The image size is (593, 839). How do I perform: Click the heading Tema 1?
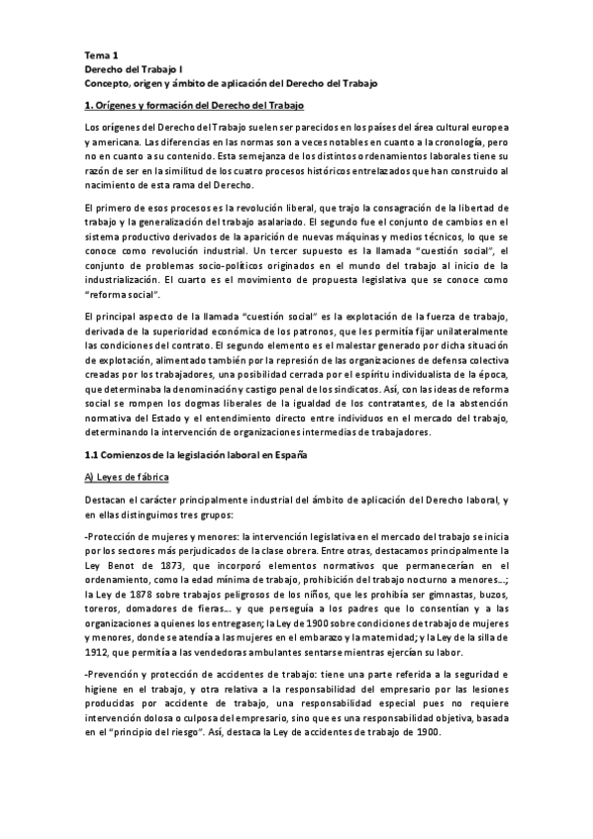coord(100,56)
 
